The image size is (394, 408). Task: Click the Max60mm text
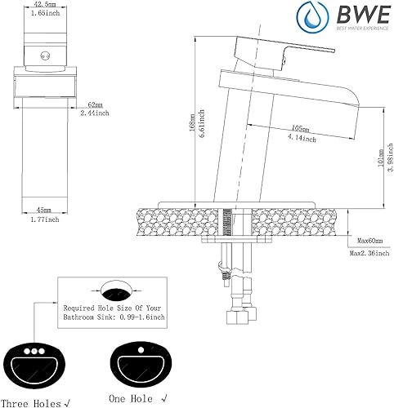(x=369, y=241)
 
